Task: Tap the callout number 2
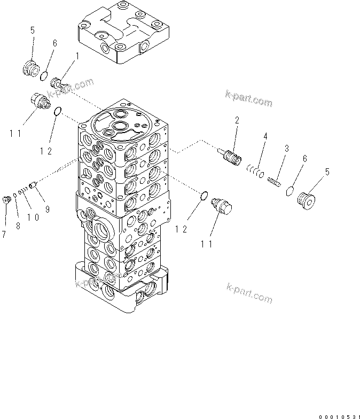[236, 120]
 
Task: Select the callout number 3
[286, 148]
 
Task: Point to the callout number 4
[264, 137]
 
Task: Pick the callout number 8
[17, 226]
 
